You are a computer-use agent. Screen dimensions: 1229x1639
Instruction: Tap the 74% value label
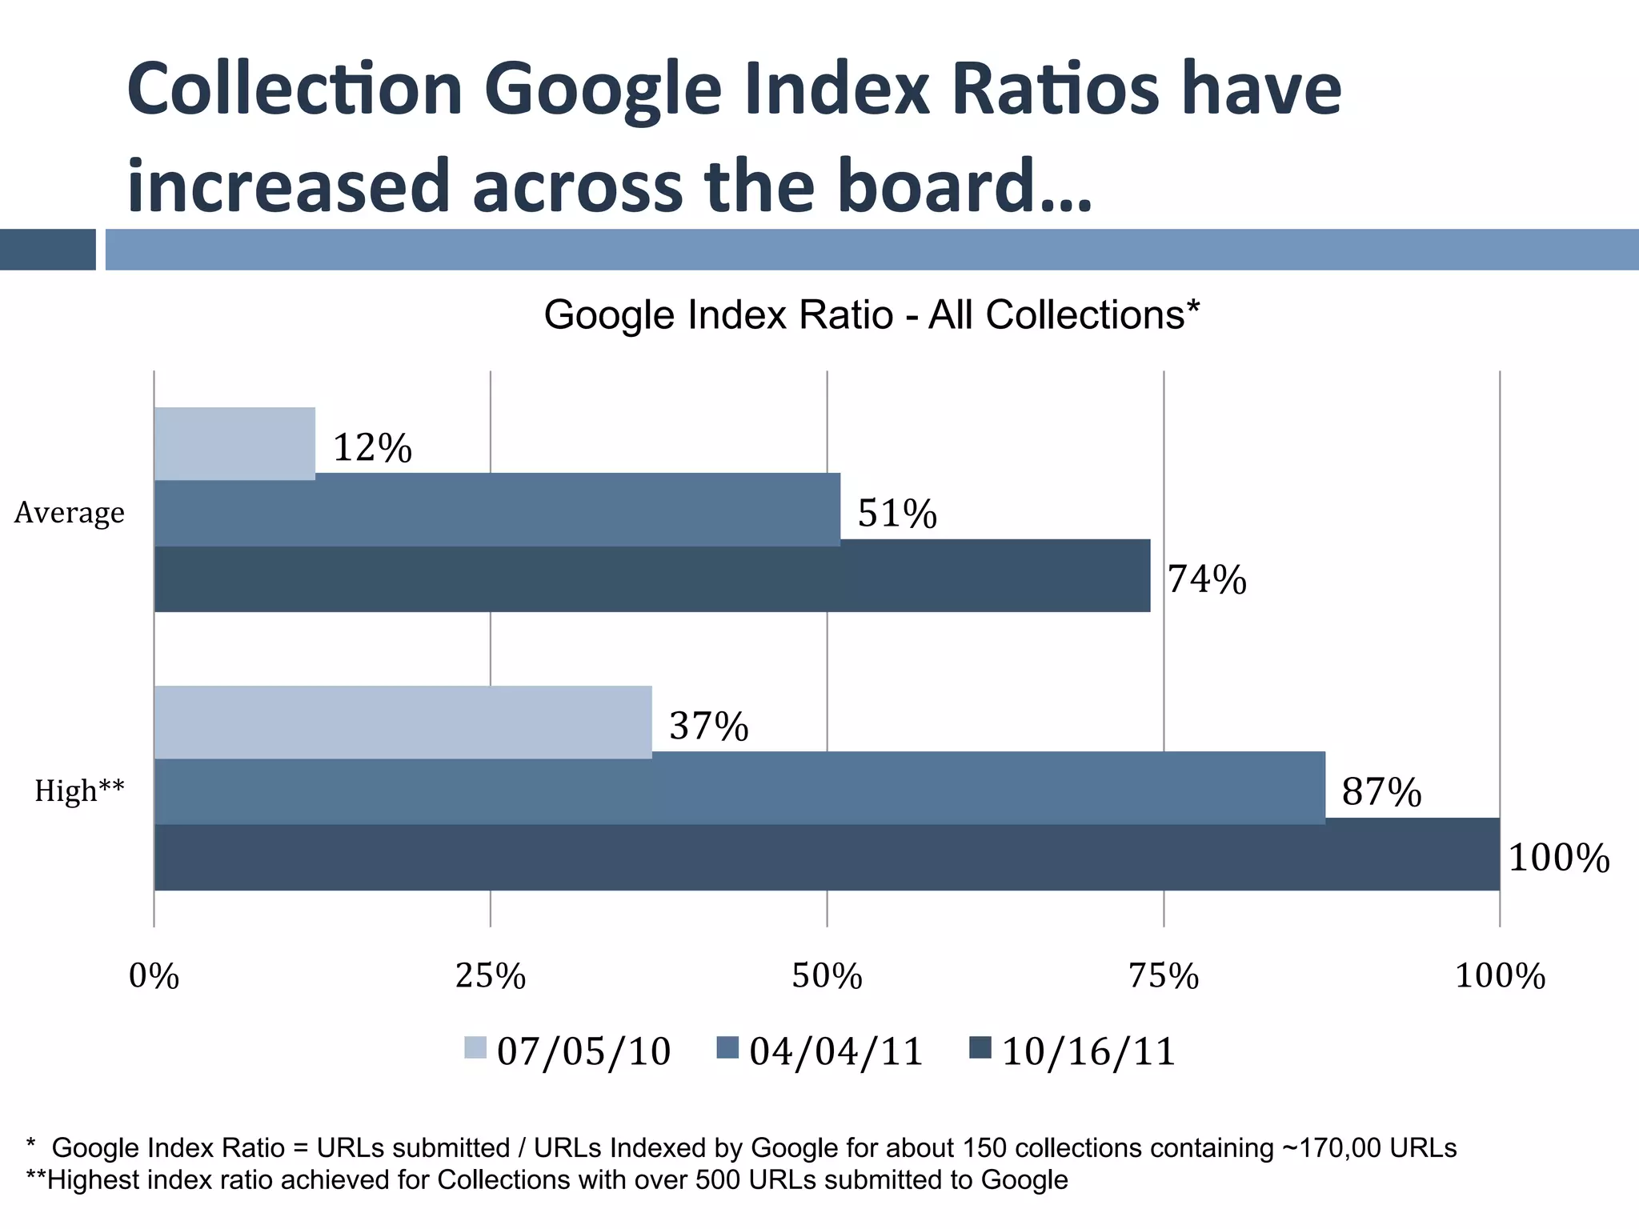click(x=1207, y=579)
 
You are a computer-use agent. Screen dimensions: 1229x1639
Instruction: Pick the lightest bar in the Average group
click(x=234, y=443)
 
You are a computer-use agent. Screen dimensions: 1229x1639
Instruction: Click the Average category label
click(x=70, y=512)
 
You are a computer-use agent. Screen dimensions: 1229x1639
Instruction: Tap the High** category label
click(x=79, y=791)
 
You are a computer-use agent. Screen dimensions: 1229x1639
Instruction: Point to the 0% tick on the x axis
click(x=154, y=976)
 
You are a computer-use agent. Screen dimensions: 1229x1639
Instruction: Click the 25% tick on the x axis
click(x=491, y=976)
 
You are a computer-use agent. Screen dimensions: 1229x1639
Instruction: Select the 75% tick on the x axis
click(x=1164, y=976)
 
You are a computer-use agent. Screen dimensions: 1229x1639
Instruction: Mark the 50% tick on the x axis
click(x=827, y=976)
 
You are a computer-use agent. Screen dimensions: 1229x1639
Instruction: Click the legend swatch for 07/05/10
click(x=475, y=1047)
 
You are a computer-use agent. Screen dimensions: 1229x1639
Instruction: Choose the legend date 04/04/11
click(x=836, y=1051)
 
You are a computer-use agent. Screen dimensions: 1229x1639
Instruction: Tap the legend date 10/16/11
click(x=1088, y=1051)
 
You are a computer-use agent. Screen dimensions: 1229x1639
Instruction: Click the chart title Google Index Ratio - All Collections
click(x=872, y=314)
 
